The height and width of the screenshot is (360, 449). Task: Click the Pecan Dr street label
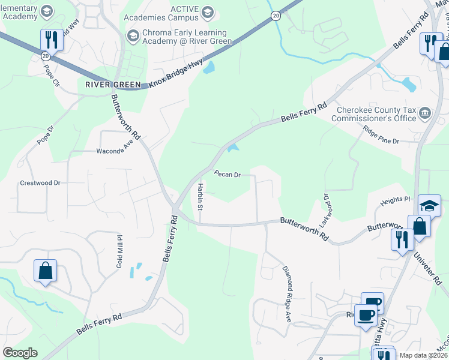coord(228,175)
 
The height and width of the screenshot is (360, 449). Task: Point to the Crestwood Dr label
coord(40,183)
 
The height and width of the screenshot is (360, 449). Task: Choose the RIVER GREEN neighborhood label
coord(113,85)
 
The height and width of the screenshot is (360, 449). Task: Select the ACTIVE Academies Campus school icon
coord(208,13)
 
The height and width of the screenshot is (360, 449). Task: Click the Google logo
coord(20,353)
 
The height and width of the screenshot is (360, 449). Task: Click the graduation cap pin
coord(430,205)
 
